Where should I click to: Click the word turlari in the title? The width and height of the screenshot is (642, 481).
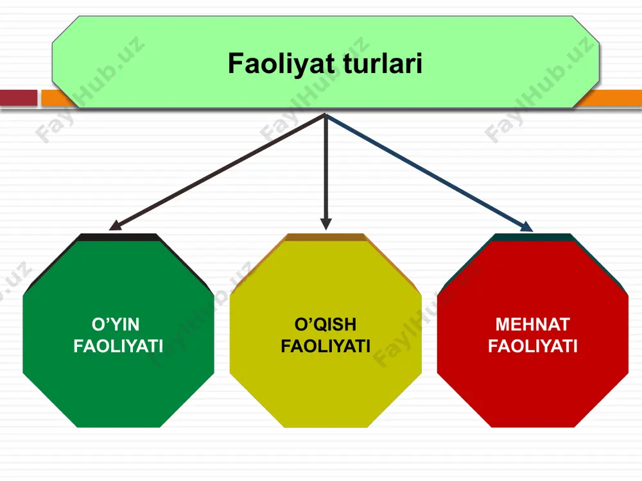pos(383,63)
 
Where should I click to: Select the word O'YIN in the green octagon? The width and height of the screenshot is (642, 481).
pos(116,325)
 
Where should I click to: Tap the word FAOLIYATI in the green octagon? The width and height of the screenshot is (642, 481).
pos(118,346)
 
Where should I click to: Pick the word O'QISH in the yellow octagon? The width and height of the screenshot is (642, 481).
pos(325,325)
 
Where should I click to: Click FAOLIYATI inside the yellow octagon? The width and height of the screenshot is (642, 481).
pos(325,346)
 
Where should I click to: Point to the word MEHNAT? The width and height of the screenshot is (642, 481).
pos(533,325)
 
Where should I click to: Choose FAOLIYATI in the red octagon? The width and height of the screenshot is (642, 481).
pos(533,346)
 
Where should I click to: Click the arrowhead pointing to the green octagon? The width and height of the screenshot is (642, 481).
pos(115,225)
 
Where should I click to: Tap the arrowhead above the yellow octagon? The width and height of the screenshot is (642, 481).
pos(326,224)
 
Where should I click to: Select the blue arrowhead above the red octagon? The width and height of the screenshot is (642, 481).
pos(527,226)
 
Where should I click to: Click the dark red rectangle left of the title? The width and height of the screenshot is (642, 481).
pos(19,97)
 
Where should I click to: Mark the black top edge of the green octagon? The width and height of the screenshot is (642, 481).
pos(117,237)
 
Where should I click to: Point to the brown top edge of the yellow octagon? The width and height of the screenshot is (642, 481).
pos(325,237)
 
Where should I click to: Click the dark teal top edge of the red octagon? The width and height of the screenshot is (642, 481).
pos(532,237)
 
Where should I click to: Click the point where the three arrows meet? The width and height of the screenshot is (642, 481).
pos(326,115)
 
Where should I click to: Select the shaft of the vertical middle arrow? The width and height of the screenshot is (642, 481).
pos(326,167)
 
